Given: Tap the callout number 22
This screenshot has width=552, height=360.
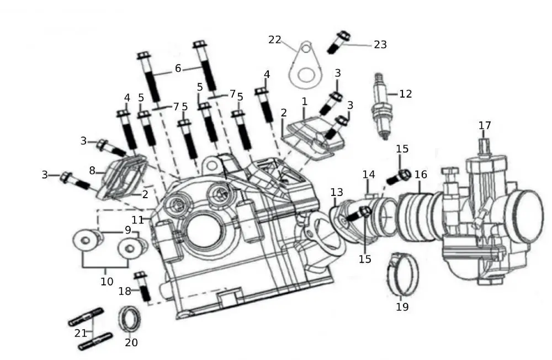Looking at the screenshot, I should click(x=275, y=40).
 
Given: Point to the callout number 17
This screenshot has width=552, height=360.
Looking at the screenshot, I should click(x=485, y=126).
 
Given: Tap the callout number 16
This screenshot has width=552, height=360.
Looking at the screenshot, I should click(x=421, y=174).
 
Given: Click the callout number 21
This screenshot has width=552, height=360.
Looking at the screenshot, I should click(x=81, y=333).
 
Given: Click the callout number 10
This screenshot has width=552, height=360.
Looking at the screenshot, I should click(x=107, y=282).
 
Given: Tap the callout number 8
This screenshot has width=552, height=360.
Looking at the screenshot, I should click(x=93, y=170).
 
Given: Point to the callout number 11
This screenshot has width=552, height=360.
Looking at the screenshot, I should click(x=137, y=220).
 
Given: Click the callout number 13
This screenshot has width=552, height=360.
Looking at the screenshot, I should click(x=337, y=192).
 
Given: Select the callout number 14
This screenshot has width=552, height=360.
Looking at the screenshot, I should click(x=369, y=174).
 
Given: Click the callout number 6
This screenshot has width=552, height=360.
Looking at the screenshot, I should click(x=178, y=68).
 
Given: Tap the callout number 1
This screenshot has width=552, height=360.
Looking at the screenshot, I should click(x=304, y=102).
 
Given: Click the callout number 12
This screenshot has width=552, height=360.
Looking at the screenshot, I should click(x=405, y=94).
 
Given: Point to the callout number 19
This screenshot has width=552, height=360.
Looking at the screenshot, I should click(x=402, y=307).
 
